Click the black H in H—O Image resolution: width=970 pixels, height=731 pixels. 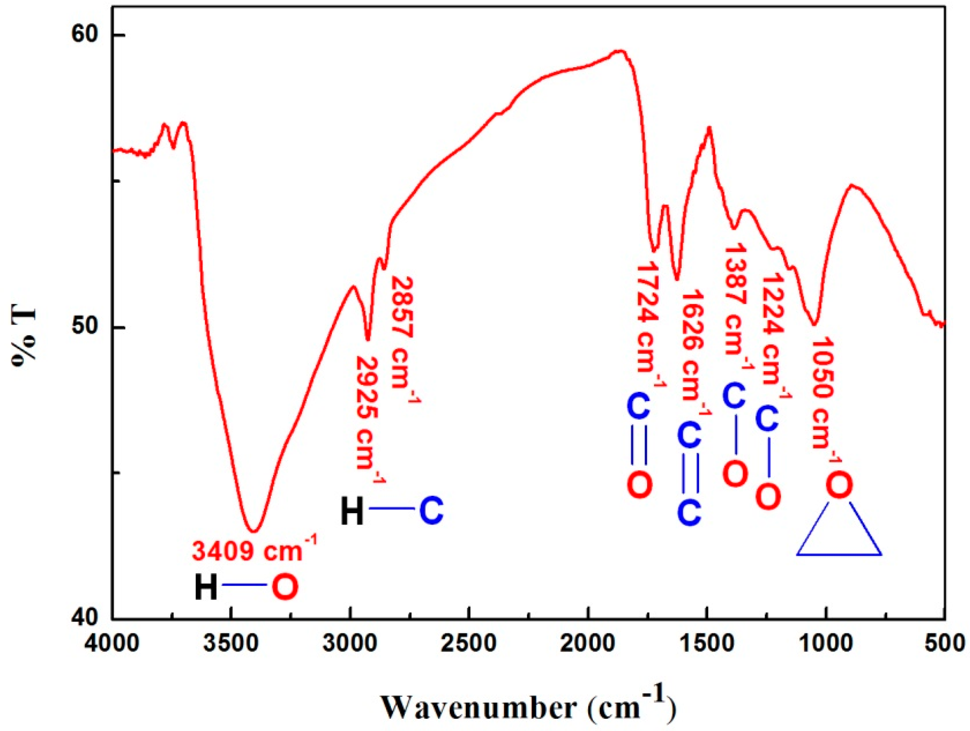[x=206, y=588]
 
